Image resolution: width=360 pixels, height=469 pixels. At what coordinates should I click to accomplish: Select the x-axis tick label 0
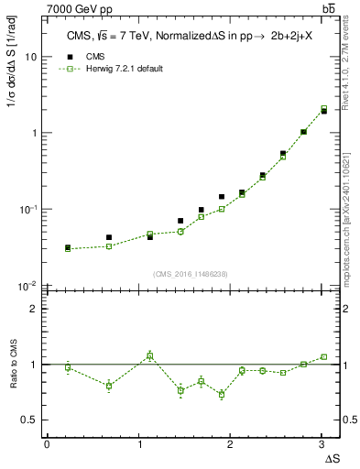47,443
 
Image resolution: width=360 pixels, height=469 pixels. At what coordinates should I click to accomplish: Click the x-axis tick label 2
231,443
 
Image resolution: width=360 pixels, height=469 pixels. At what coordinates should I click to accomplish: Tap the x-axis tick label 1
138,443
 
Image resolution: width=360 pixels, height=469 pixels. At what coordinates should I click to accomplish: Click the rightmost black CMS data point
324,111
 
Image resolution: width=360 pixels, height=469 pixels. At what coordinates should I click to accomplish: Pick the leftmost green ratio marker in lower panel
68,367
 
